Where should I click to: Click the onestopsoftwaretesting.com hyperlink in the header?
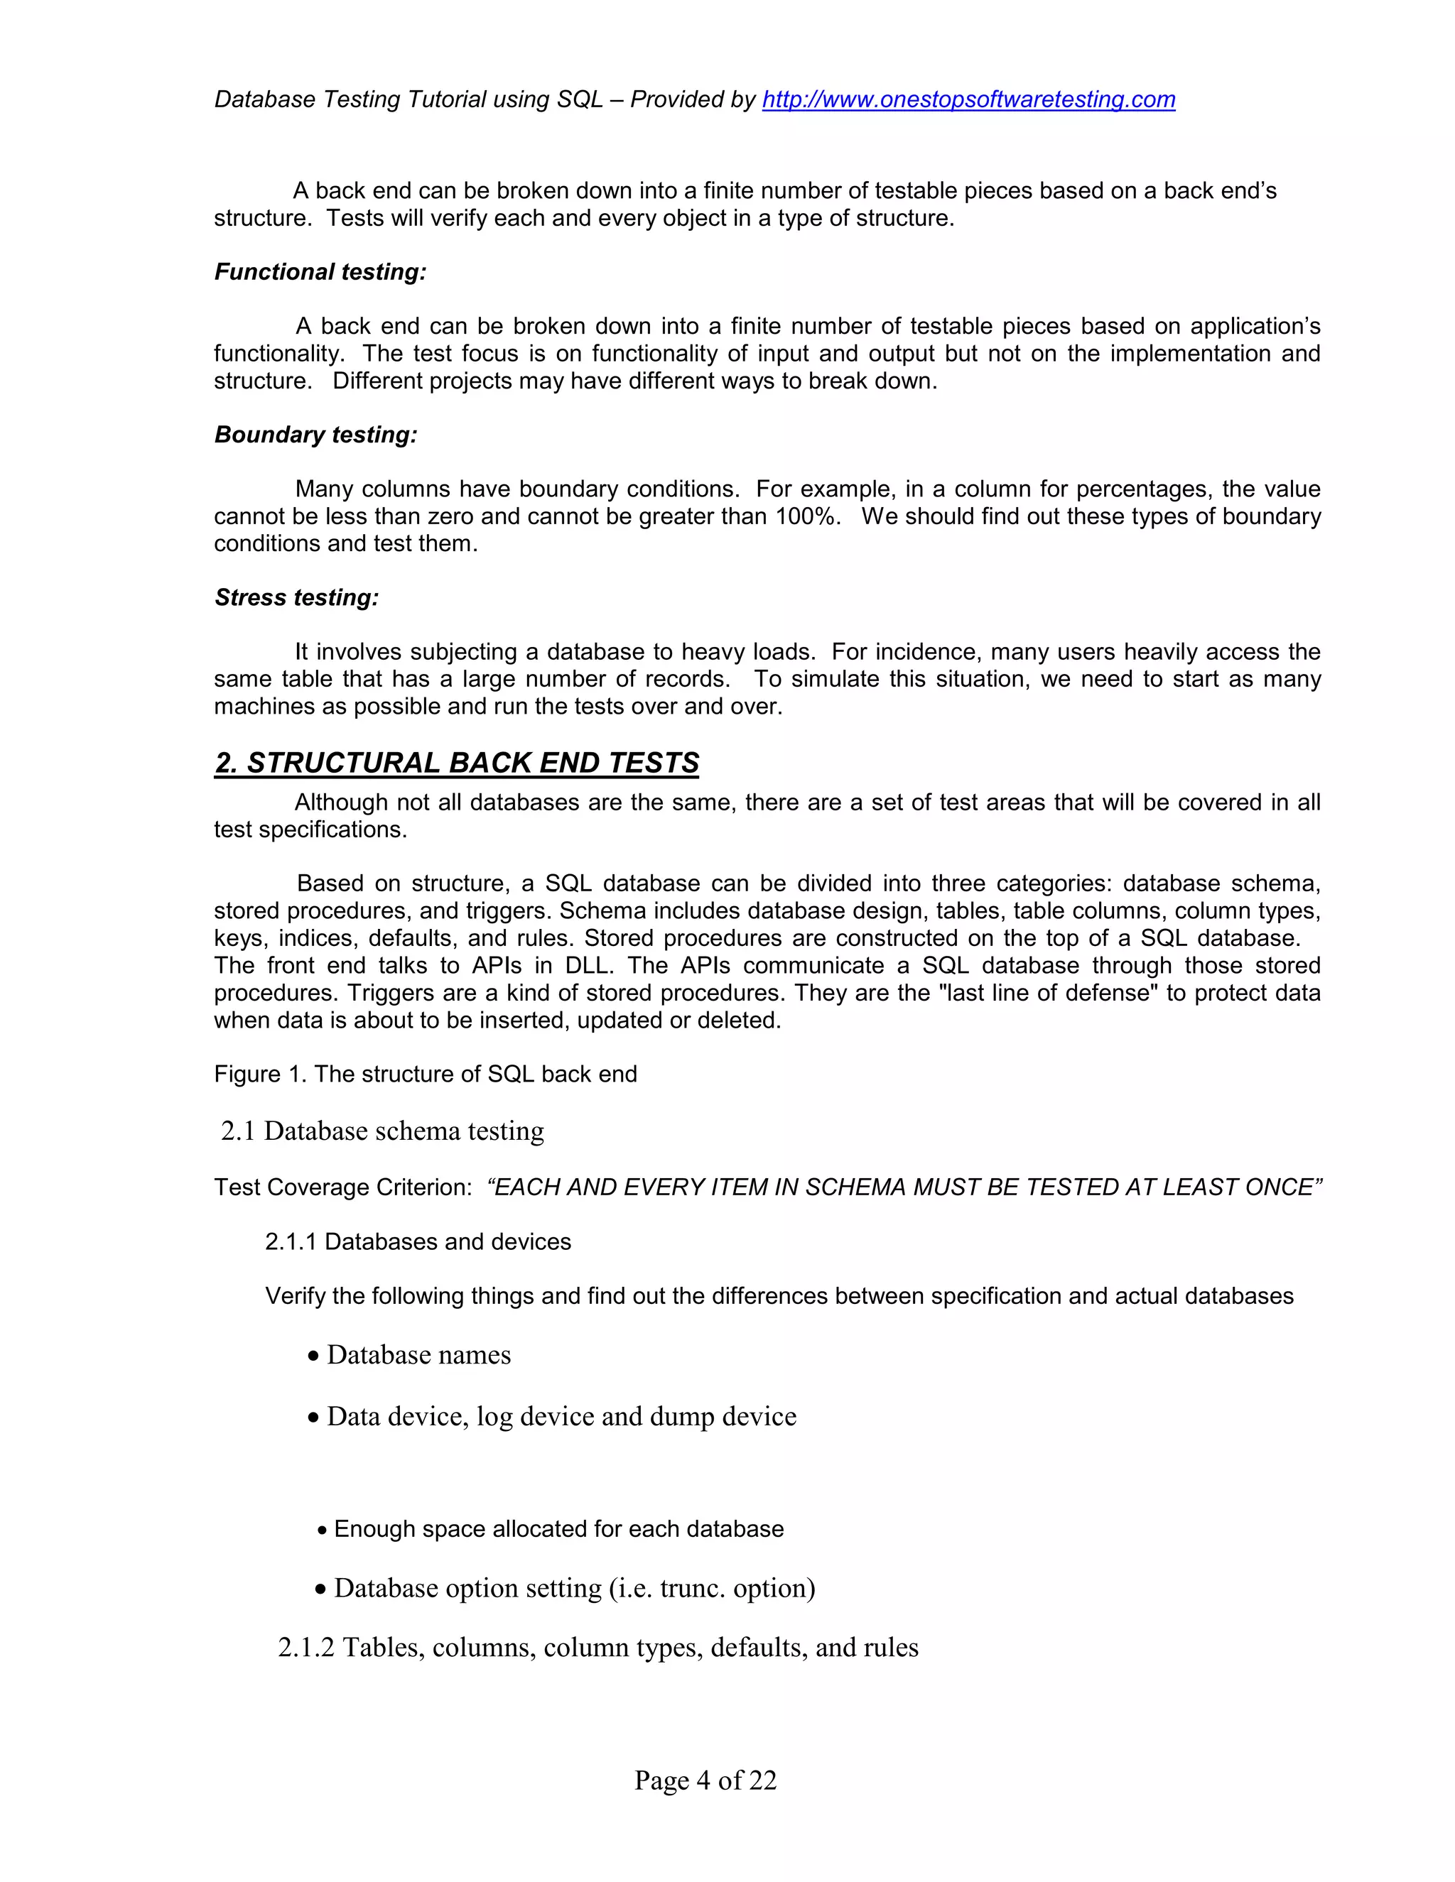click(968, 100)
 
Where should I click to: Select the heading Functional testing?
click(320, 272)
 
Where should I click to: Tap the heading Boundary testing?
click(315, 435)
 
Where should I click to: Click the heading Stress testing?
click(296, 598)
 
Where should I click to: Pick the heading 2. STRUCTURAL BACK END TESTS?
click(456, 763)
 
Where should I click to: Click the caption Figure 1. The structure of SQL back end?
click(425, 1075)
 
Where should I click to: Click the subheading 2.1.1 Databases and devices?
click(418, 1241)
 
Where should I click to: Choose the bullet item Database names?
click(418, 1356)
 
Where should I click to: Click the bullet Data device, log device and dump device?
click(561, 1417)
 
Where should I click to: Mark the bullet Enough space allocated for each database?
click(558, 1529)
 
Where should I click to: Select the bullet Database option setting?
click(573, 1588)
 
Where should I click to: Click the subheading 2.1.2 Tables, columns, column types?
click(598, 1648)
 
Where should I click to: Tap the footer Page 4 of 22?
click(705, 1780)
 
